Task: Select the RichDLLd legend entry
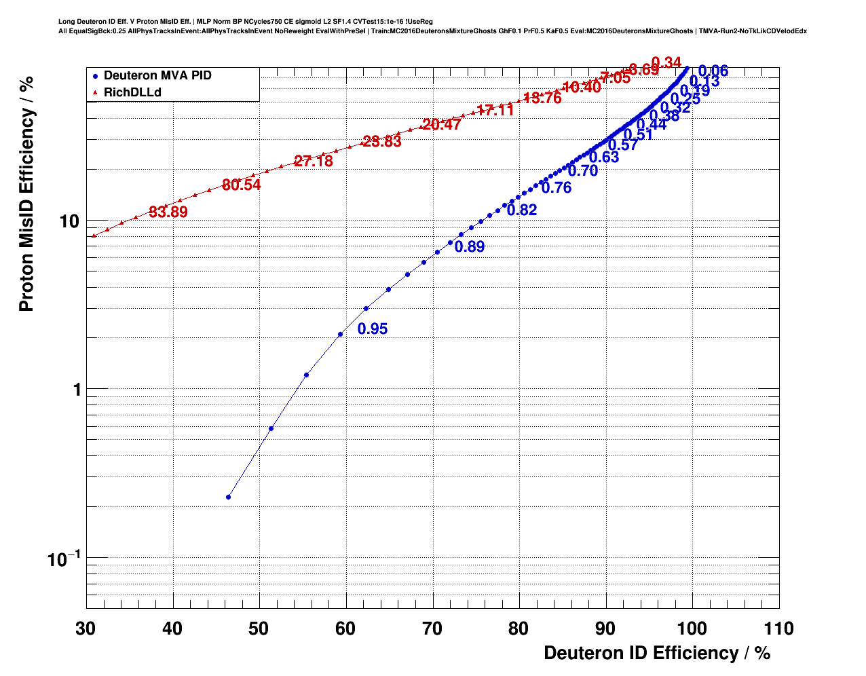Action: [x=132, y=92]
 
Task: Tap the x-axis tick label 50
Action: [x=259, y=628]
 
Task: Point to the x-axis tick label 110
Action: [x=778, y=628]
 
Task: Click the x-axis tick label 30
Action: [x=86, y=628]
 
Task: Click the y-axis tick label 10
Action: [x=70, y=221]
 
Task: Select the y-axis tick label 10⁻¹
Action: [x=64, y=559]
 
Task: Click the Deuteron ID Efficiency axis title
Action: [x=657, y=653]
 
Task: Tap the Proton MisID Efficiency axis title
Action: [x=26, y=194]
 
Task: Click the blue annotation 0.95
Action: [x=373, y=329]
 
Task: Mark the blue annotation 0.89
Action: [x=470, y=247]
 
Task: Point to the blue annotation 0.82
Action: [x=522, y=210]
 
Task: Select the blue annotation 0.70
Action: [x=583, y=171]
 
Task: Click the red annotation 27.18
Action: [x=314, y=162]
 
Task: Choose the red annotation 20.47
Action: [x=442, y=125]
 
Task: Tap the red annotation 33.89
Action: [x=168, y=212]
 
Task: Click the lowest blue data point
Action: [x=228, y=497]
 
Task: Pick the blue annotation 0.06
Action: [x=713, y=71]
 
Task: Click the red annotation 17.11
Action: [x=495, y=111]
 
